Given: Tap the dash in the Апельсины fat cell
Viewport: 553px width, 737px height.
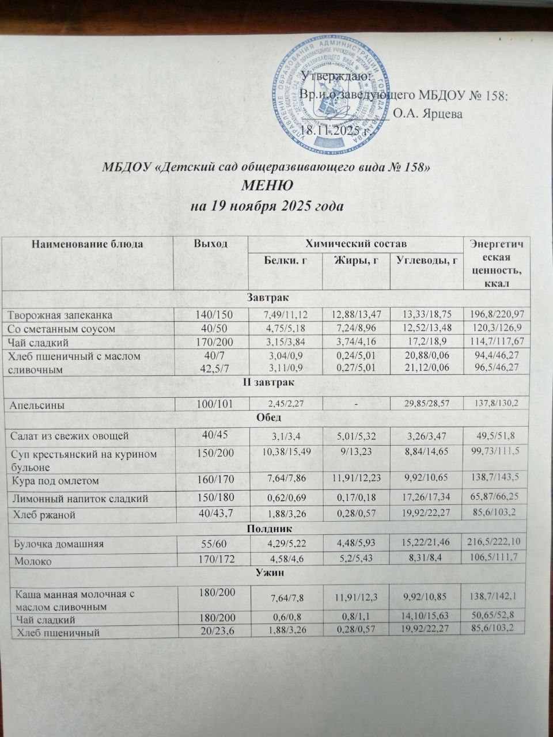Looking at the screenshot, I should click(x=357, y=405).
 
